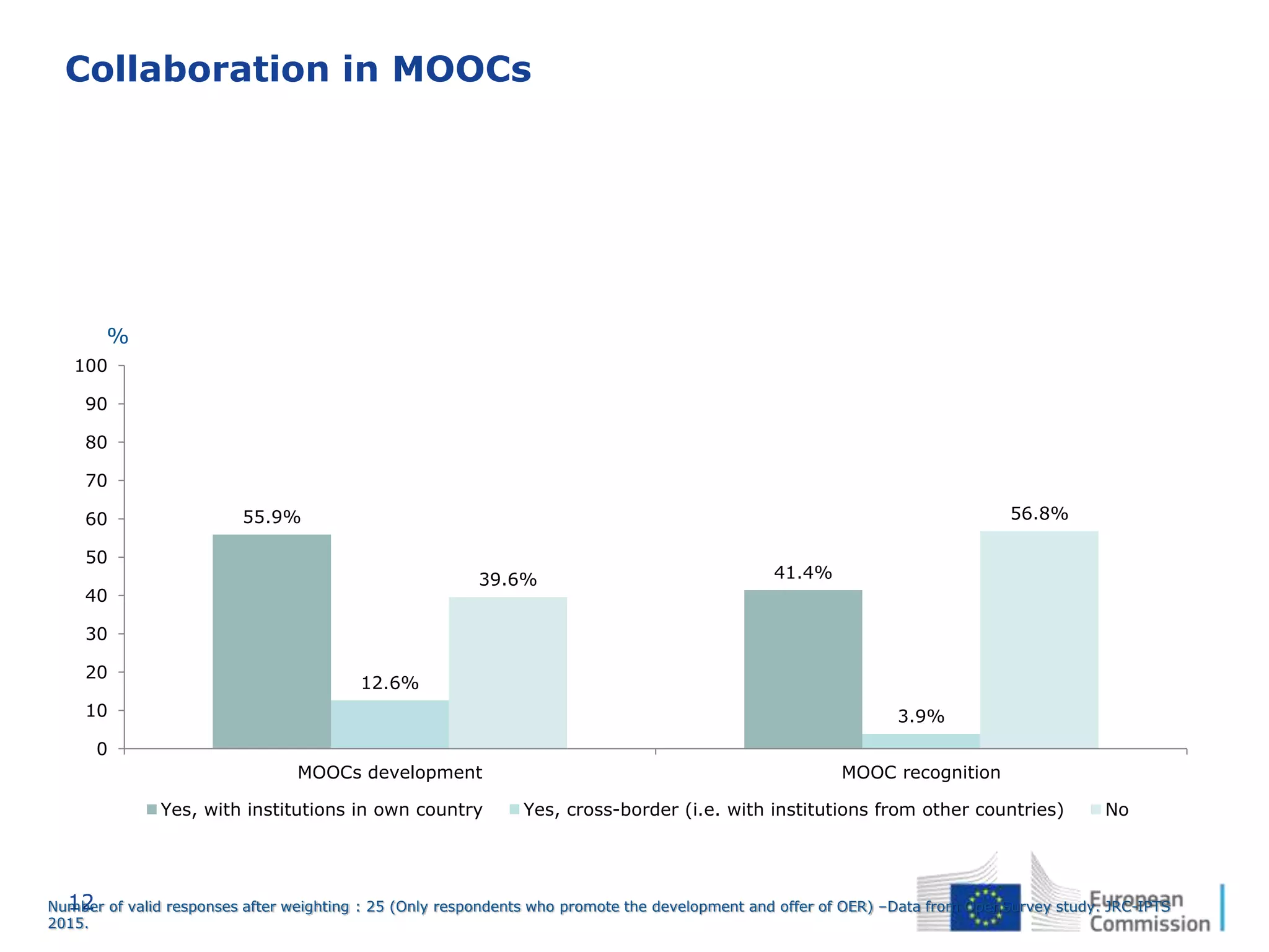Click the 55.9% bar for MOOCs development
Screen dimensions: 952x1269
point(271,641)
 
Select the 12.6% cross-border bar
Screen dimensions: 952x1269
point(390,725)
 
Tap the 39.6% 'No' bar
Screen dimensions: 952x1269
point(507,672)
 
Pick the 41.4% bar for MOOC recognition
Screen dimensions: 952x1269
point(802,669)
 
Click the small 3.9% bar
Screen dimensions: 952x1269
point(921,741)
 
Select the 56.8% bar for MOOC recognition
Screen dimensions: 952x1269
point(1039,640)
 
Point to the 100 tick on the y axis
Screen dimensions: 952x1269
point(91,366)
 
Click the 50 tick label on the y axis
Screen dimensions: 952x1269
point(96,558)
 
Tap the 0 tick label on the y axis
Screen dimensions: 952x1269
point(102,749)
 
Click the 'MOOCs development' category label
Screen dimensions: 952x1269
point(390,773)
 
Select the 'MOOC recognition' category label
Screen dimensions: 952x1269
point(921,773)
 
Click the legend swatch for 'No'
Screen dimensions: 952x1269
point(1096,809)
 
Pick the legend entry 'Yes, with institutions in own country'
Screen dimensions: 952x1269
point(321,810)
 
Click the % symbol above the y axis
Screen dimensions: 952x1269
point(118,337)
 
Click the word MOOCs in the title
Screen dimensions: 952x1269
point(462,69)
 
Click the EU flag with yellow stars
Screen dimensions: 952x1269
point(985,907)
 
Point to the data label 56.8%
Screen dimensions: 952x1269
point(1039,514)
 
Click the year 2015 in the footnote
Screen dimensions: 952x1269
point(67,923)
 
